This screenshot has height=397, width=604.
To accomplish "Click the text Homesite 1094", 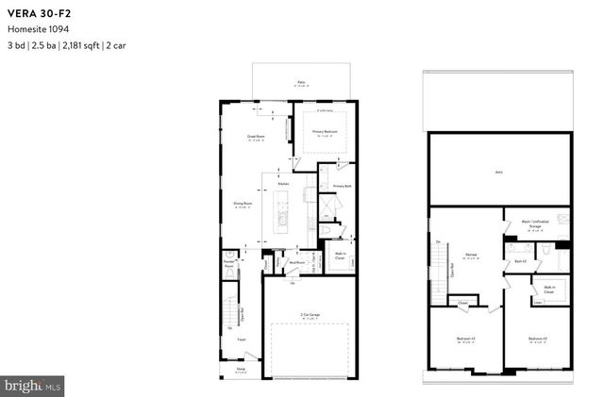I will [x=34, y=28].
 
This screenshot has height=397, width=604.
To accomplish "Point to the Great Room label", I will [x=255, y=136].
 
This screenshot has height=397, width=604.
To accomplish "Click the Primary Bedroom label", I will [x=324, y=132].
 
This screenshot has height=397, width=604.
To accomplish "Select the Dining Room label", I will [x=243, y=202].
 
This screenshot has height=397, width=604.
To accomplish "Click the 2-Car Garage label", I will [x=310, y=316].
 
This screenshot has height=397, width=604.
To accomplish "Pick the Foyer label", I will [x=243, y=339].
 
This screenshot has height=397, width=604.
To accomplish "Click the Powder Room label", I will [x=228, y=264].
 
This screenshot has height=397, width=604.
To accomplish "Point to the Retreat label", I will [x=469, y=254].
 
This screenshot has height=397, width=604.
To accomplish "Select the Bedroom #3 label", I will [x=464, y=338].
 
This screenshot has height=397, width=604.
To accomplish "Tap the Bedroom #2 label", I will [x=538, y=338].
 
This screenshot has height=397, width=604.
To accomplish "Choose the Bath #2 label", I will [x=519, y=261].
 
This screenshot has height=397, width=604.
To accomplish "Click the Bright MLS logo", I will [x=33, y=385].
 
